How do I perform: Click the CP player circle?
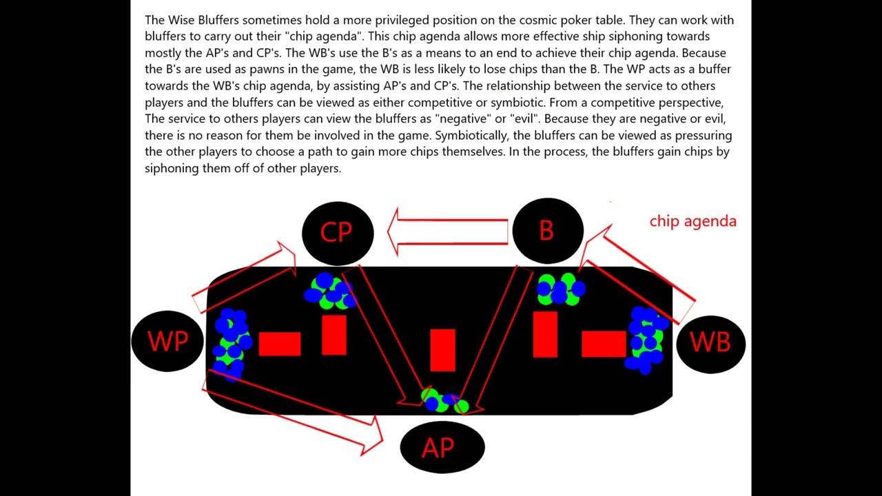click(338, 233)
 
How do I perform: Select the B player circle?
click(547, 231)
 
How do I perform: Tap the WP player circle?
click(167, 340)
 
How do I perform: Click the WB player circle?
click(710, 342)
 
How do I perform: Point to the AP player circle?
click(442, 448)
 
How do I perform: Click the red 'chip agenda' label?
click(693, 221)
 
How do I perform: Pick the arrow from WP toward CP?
click(245, 276)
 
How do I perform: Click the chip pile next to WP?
click(232, 343)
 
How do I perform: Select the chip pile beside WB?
click(646, 341)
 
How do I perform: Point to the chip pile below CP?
click(329, 291)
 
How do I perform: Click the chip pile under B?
click(560, 289)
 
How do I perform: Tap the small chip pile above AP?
click(444, 401)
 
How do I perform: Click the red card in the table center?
click(442, 350)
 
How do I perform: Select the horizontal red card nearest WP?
click(280, 344)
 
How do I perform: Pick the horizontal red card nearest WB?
click(603, 344)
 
